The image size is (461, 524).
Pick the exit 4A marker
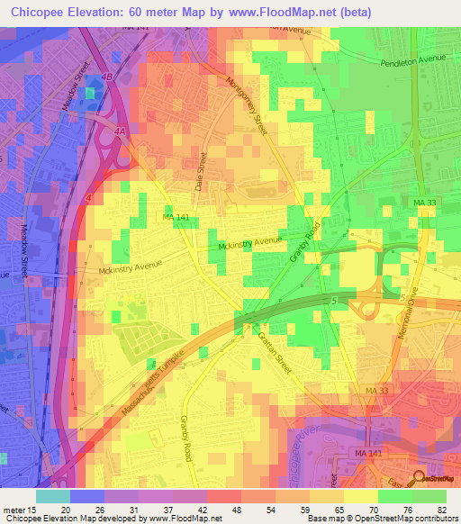tap(120, 132)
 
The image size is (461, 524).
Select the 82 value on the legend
tap(439, 509)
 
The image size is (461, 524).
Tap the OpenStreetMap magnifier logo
tap(420, 480)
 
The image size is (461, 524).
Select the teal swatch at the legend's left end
tap(52, 495)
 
